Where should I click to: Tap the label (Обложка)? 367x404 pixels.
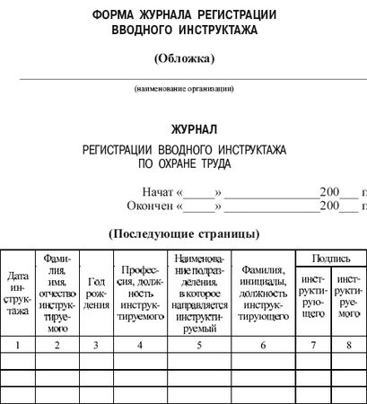coord(185,59)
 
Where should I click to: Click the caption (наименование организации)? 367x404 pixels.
coord(184,88)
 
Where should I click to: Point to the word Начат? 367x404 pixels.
coord(158,192)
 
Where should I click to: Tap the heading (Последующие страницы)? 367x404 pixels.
coord(184,233)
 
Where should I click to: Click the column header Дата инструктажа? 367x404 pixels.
coord(17,293)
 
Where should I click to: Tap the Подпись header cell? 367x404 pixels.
coord(331,259)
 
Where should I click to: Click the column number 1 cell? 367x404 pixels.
coord(17,344)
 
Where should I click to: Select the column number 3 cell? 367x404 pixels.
coord(96,344)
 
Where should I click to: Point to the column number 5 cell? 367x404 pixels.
coord(199,344)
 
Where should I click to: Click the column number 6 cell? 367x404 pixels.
coord(264,344)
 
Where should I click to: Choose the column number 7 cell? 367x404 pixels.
coord(313,344)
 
